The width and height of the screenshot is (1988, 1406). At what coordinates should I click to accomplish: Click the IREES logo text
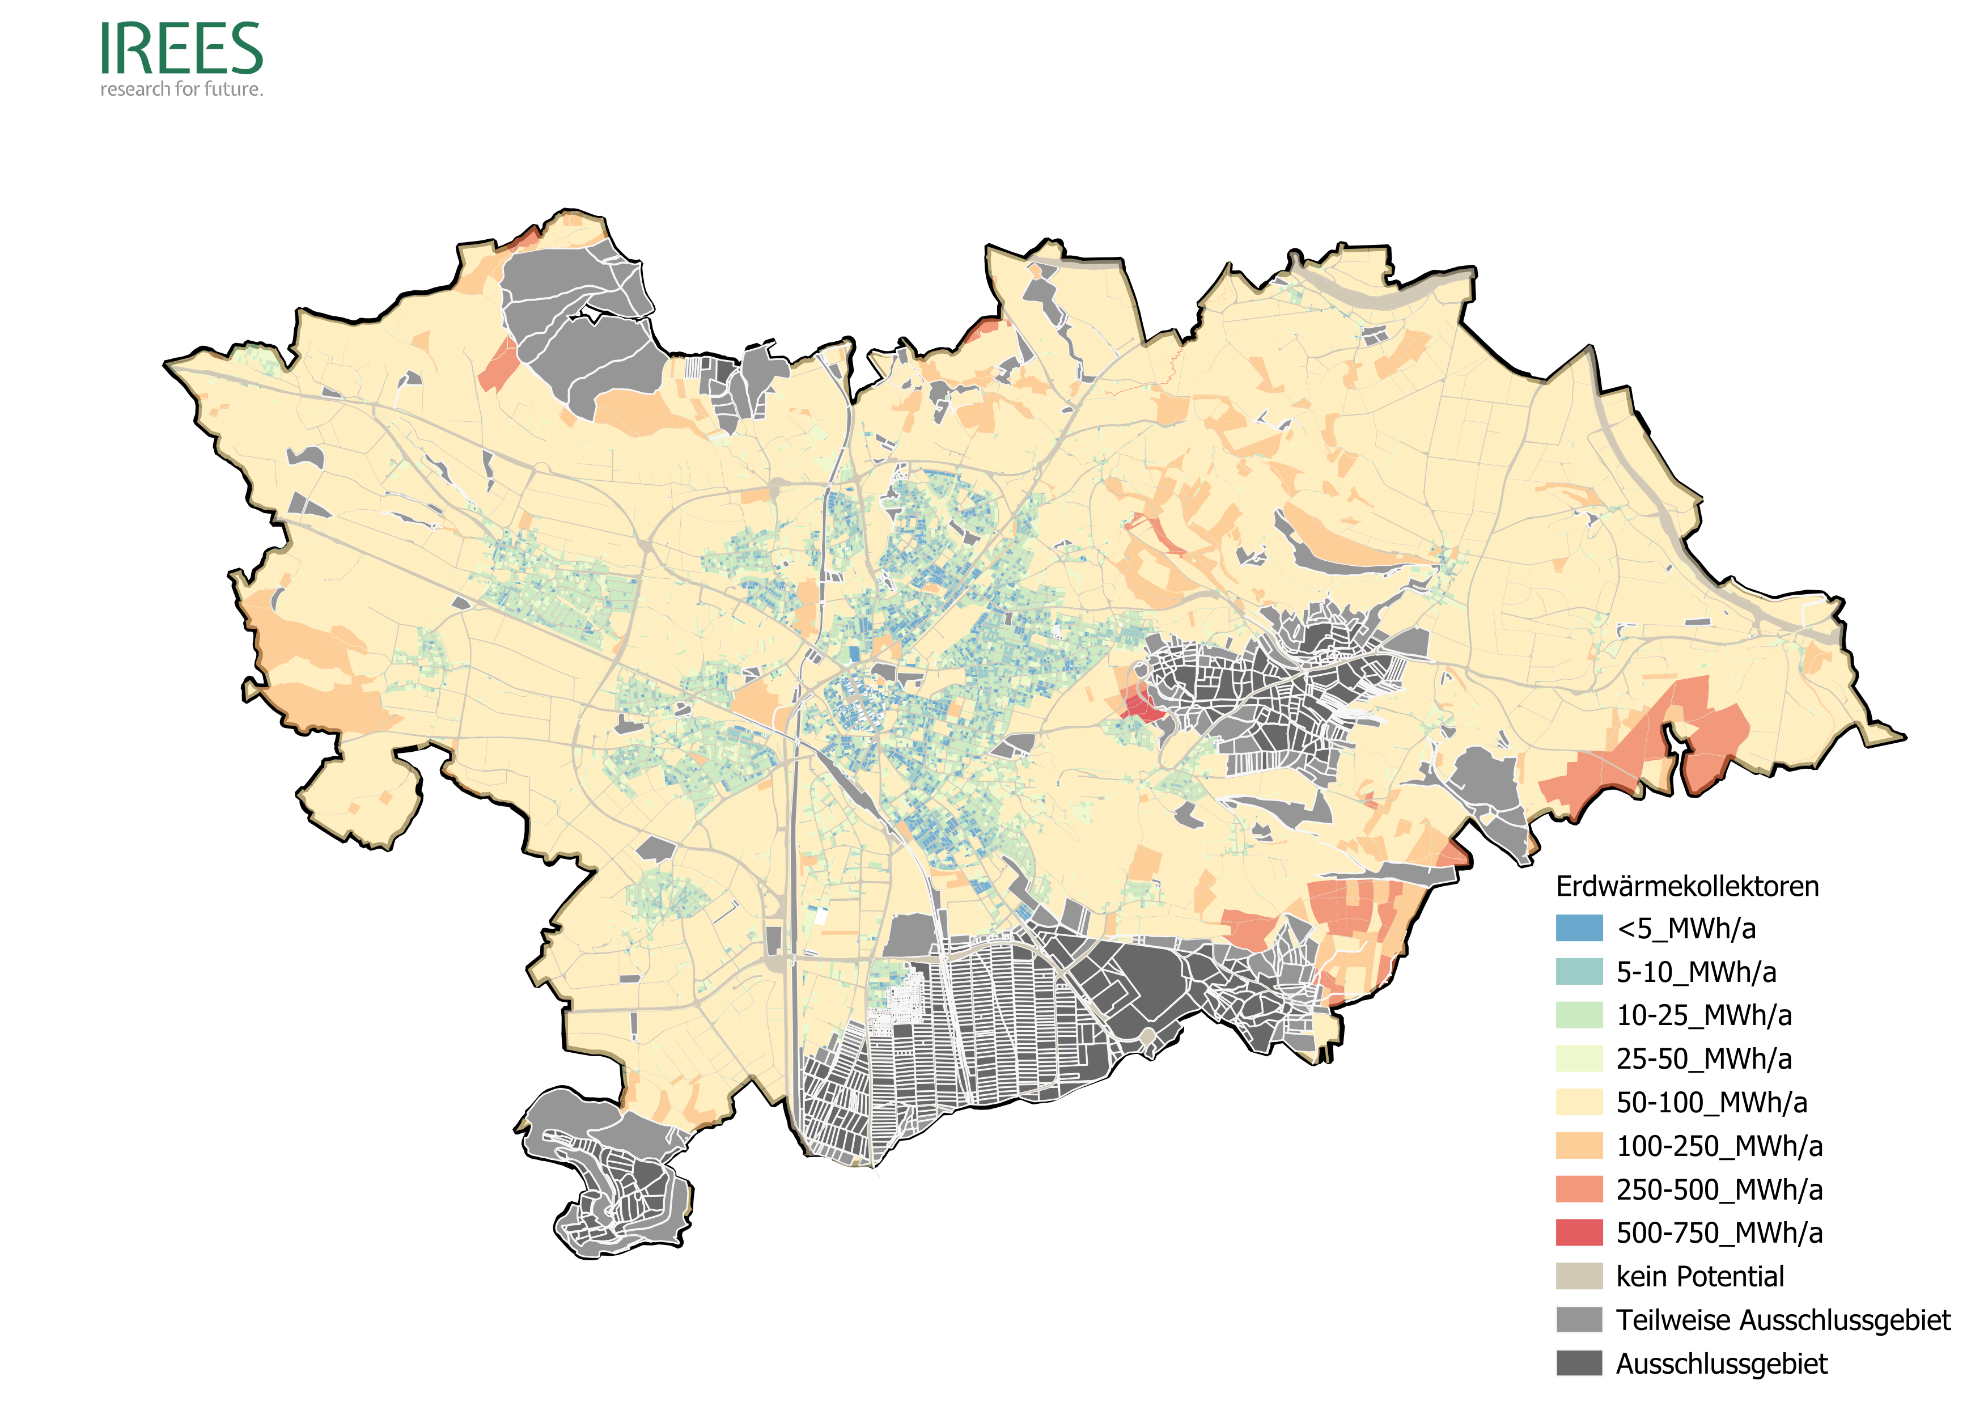tap(181, 49)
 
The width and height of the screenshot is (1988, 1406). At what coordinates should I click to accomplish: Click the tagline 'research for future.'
tap(181, 89)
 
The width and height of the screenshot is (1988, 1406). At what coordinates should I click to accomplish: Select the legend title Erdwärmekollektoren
tap(1686, 887)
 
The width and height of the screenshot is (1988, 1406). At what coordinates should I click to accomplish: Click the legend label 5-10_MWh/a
tap(1695, 972)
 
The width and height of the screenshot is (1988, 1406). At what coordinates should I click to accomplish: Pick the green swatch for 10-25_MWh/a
tap(1579, 1015)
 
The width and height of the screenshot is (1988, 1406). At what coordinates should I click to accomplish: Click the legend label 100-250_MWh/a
tap(1719, 1146)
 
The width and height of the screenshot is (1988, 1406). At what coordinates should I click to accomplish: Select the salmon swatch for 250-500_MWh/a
tap(1579, 1189)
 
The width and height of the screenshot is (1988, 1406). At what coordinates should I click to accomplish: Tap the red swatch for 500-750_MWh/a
tap(1579, 1233)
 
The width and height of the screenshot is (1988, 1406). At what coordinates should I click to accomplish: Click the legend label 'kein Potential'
tap(1699, 1276)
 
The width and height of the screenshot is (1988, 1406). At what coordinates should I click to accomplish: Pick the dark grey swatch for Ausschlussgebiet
tap(1579, 1363)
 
